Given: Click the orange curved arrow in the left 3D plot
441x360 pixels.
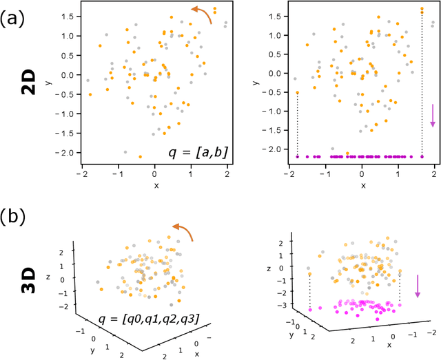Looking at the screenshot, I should pos(183,232).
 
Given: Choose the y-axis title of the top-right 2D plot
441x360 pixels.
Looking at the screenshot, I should pos(256,83).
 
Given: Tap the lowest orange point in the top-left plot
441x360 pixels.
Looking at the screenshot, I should pos(141,157).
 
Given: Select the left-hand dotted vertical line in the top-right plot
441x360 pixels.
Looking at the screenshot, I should pos(298,124).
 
